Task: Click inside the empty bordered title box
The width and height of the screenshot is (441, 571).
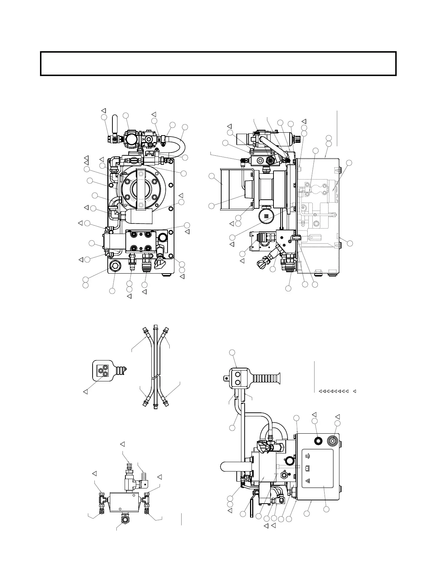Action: [x=218, y=63]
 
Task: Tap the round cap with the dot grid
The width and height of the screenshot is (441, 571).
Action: [x=267, y=216]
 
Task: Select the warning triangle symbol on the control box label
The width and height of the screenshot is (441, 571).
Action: [x=308, y=481]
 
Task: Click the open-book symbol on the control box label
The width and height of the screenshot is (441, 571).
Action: [x=308, y=468]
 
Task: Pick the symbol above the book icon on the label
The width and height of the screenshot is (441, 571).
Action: [x=308, y=456]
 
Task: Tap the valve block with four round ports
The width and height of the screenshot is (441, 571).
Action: [x=141, y=241]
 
